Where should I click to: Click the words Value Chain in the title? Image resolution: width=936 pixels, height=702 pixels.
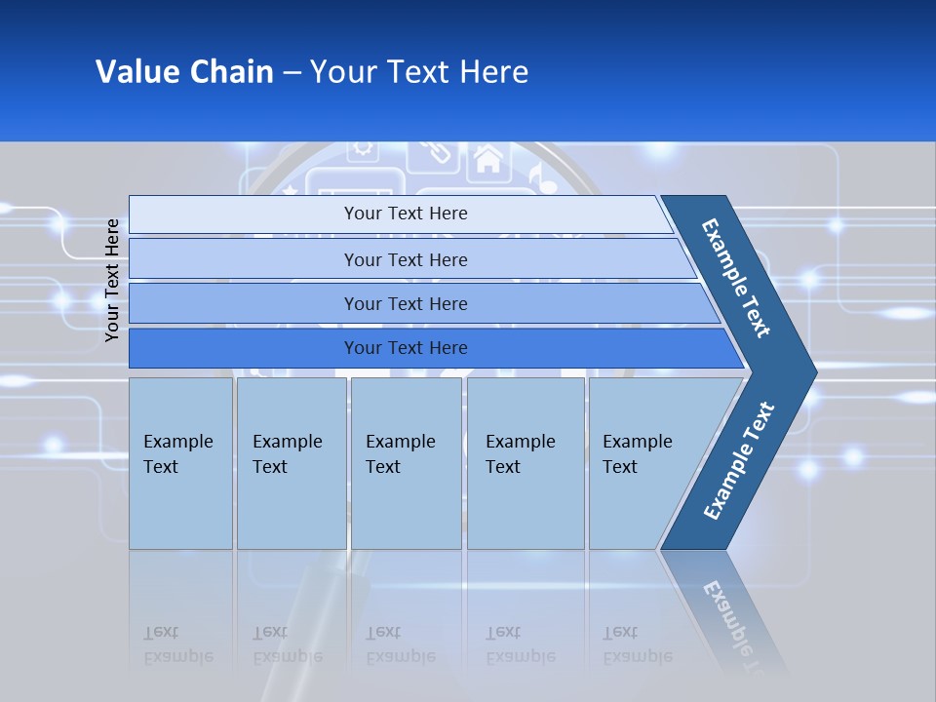pos(184,72)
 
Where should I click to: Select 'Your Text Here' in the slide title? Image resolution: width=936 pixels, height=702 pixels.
pos(419,72)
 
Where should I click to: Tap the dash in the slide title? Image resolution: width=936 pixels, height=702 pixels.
pos(292,73)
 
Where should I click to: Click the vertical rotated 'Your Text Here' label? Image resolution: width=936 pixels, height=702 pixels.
pos(112,280)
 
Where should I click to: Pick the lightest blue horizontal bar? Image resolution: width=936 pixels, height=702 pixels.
pos(405,214)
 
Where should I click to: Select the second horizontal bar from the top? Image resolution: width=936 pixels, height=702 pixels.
pos(405,259)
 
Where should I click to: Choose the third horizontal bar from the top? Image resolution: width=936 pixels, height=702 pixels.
pos(405,303)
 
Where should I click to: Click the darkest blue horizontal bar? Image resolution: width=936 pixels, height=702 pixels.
pos(405,348)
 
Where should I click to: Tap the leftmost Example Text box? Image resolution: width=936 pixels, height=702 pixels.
pos(180,462)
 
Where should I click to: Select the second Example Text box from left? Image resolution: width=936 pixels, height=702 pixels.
pos(291,462)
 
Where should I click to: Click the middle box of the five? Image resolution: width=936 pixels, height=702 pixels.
pos(406,462)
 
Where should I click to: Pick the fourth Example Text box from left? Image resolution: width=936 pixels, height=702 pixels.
pos(526,462)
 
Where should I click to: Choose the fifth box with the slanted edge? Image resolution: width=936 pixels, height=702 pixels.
pos(643,462)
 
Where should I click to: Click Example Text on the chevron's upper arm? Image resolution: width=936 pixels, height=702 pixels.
pos(736,278)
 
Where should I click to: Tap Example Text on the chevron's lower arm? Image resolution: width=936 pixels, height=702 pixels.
pos(738,460)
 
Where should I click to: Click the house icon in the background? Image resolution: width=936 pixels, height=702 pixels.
pos(487,158)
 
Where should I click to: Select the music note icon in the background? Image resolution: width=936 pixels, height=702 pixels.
pos(535,176)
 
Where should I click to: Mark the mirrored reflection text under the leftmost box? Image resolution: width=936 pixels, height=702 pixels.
pos(177,644)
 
